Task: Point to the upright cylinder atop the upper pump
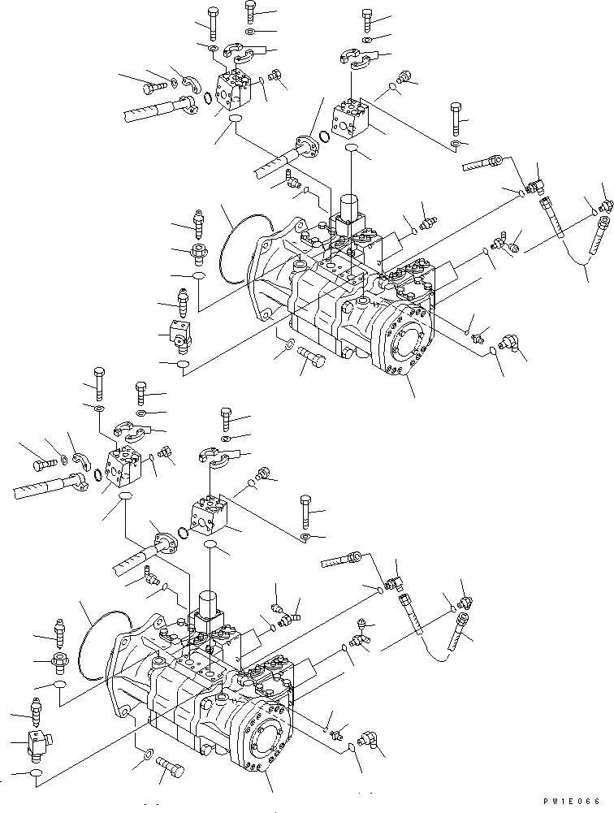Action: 350,207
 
